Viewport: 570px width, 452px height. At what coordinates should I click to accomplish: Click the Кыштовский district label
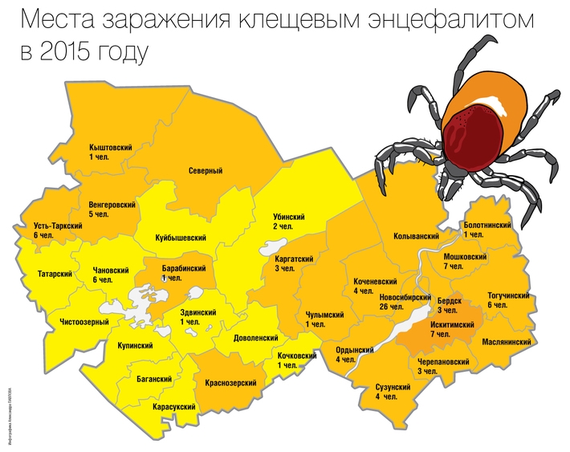pyautogui.click(x=111, y=149)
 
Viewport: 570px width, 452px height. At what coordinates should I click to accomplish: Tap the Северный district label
pyautogui.click(x=206, y=171)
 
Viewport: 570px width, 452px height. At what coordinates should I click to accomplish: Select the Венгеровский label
pyautogui.click(x=112, y=206)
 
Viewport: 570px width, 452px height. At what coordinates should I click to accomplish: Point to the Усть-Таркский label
pyautogui.click(x=54, y=228)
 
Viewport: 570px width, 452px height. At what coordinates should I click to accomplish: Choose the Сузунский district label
pyautogui.click(x=393, y=388)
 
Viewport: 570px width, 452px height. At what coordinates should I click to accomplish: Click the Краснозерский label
pyautogui.click(x=232, y=383)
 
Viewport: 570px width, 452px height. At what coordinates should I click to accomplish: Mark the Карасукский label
pyautogui.click(x=175, y=408)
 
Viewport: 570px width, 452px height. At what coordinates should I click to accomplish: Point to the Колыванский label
pyautogui.click(x=417, y=237)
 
